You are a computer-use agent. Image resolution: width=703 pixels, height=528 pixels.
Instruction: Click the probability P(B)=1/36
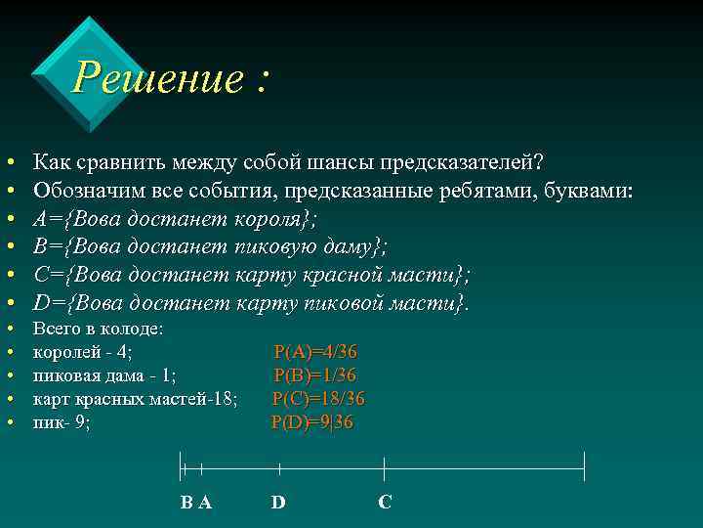pos(315,375)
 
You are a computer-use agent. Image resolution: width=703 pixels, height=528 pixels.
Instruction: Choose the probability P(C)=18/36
pos(318,398)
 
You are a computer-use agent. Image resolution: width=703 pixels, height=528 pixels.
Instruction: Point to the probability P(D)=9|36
pos(311,422)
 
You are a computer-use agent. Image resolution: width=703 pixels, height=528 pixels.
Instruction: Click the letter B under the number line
pos(186,503)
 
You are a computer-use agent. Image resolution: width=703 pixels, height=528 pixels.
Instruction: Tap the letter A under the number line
pos(204,503)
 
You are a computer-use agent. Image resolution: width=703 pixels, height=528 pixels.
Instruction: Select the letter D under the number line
pos(278,503)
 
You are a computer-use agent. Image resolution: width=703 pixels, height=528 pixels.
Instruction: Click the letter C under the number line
pos(385,503)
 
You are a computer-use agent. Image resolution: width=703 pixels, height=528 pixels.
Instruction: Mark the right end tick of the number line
pos(584,467)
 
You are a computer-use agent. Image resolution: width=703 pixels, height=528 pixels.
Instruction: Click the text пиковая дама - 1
pos(104,375)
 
